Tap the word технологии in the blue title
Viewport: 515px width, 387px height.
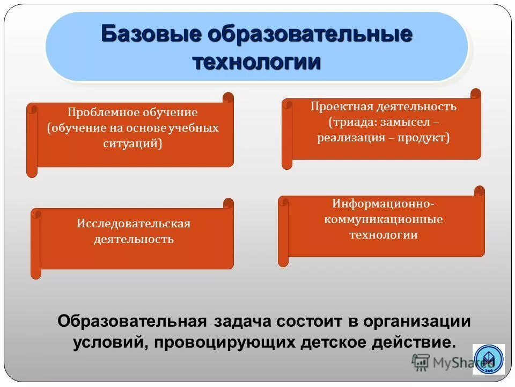point(257,61)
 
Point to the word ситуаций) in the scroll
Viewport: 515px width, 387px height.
point(133,144)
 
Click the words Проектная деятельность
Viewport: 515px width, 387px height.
point(384,106)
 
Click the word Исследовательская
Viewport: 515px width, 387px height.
point(134,223)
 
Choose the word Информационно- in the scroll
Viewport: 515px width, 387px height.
point(383,204)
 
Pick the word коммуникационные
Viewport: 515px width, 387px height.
point(383,219)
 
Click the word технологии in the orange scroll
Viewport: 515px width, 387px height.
point(383,235)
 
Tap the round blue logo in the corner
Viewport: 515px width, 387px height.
point(488,359)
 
